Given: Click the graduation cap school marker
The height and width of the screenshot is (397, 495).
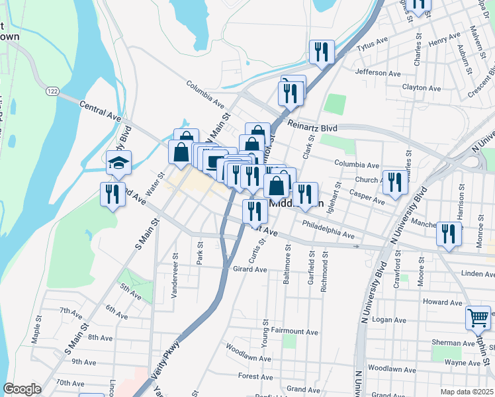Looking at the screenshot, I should click(118, 163).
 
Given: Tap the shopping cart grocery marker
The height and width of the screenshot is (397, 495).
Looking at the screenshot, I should click(478, 318).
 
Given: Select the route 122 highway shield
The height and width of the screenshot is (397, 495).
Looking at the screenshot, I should click(52, 89).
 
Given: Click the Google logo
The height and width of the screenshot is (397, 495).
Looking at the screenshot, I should click(22, 389).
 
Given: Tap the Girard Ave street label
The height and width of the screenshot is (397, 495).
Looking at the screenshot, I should click(249, 269).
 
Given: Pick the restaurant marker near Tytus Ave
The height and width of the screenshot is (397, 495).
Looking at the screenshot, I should click(322, 52).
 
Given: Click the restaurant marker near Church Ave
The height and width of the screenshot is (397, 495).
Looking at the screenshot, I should click(395, 182).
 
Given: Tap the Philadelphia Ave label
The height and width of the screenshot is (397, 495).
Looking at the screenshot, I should click(328, 230).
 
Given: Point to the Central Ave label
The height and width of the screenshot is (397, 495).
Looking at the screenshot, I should click(101, 110).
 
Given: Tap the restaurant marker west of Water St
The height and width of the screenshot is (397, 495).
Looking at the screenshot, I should click(112, 194).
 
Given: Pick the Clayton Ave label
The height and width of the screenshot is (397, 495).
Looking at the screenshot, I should click(422, 87).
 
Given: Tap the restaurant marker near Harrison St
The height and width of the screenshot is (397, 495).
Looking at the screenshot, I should click(449, 234).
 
